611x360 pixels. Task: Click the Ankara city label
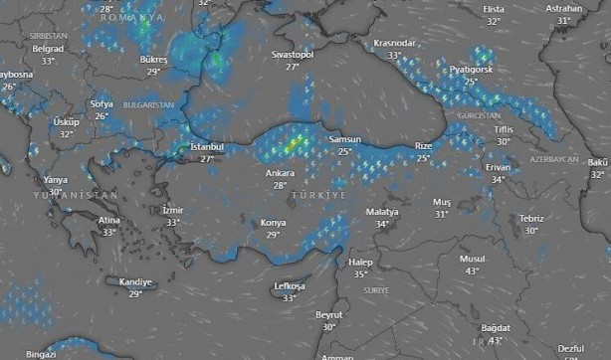(x=280, y=173)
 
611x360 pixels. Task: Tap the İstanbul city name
(x=207, y=147)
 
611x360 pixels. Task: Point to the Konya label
(x=273, y=223)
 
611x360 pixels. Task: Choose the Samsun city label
(x=344, y=140)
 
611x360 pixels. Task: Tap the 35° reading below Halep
(x=360, y=273)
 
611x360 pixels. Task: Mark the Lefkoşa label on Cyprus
(x=290, y=286)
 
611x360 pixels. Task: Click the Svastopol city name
(x=293, y=55)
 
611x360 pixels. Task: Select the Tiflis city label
(x=504, y=130)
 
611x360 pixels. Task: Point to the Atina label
(x=110, y=220)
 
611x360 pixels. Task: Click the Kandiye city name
(x=135, y=281)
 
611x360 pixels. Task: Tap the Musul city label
(x=472, y=259)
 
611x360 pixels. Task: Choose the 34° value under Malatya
(x=382, y=224)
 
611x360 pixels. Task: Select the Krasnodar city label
(x=394, y=44)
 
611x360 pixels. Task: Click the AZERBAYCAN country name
(x=554, y=159)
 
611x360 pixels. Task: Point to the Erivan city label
(x=497, y=167)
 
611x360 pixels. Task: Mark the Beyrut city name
(x=328, y=314)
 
